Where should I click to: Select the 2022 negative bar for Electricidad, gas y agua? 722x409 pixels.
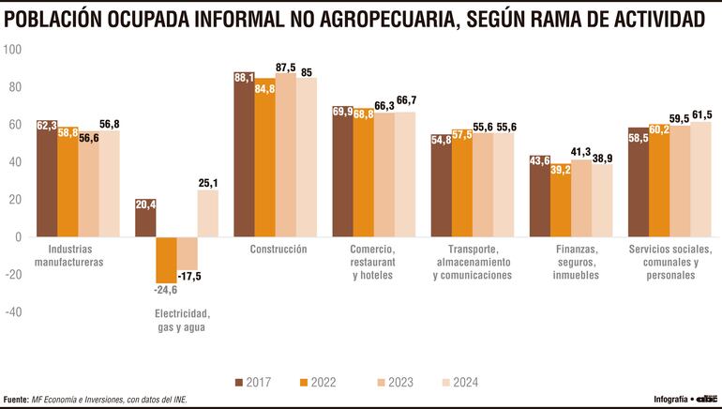click(165, 260)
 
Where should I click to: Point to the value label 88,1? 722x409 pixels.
click(243, 78)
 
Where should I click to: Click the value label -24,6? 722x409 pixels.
click(165, 290)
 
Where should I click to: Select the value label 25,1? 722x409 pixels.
click(207, 183)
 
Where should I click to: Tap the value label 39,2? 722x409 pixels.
click(561, 171)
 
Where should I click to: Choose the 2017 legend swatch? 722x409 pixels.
click(239, 382)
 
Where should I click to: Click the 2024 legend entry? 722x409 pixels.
click(459, 382)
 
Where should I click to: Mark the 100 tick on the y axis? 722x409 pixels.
click(13, 49)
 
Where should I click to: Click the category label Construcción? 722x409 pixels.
click(278, 249)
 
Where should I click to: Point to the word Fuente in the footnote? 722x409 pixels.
click(14, 399)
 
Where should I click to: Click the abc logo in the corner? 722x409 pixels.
click(704, 398)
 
